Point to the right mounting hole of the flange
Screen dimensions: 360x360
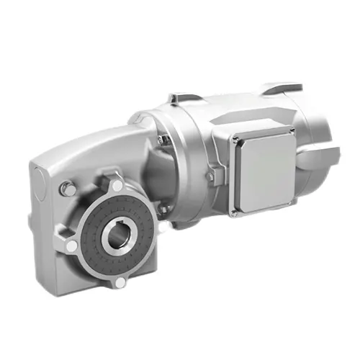tap(163, 228)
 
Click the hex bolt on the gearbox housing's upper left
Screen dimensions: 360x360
tap(66, 188)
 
